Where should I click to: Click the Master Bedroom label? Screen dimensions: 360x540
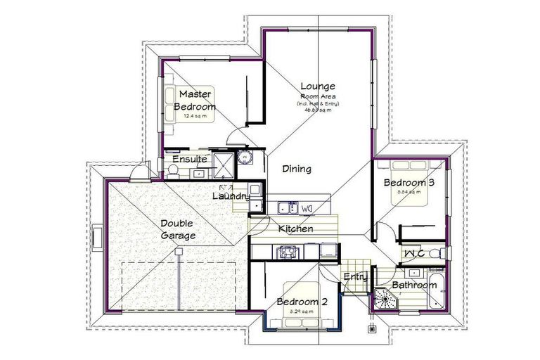[195, 100]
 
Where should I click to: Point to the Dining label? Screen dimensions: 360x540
[297, 169]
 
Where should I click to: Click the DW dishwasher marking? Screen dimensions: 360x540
[307, 208]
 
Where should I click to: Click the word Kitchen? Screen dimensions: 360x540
[295, 229]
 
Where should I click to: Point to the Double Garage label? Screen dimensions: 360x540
[177, 229]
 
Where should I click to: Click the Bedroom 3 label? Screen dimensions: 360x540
[409, 183]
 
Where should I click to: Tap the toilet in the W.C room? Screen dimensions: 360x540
[436, 252]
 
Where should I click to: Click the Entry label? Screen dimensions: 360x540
[355, 277]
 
